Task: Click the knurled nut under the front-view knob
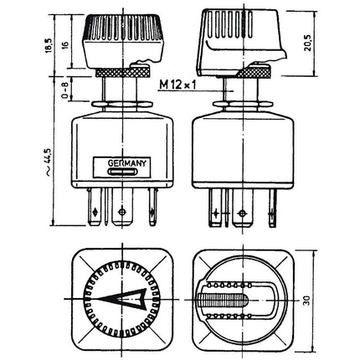(x=121, y=75)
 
